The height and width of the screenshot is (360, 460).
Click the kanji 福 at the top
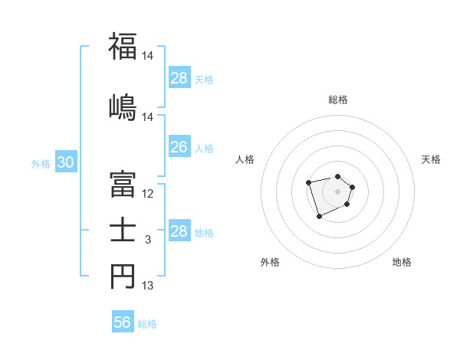123,47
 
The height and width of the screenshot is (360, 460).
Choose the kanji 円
123,277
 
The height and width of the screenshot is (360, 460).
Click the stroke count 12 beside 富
148,194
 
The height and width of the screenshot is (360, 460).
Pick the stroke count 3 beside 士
148,240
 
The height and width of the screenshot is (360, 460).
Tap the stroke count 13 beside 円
148,286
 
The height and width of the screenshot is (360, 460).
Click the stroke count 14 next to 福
148,56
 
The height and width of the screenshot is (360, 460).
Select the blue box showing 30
65,163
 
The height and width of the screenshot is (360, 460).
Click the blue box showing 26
179,147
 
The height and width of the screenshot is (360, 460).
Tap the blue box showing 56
122,323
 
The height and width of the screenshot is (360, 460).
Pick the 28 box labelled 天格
179,78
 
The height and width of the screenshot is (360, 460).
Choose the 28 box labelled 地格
179,231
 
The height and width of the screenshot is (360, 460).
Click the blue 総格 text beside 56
147,324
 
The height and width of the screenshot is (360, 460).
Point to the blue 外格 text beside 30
40,164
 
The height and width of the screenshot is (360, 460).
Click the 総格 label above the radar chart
337,100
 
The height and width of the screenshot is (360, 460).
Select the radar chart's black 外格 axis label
270,263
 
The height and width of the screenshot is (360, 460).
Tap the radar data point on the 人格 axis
308,182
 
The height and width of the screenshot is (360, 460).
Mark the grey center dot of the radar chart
337,191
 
